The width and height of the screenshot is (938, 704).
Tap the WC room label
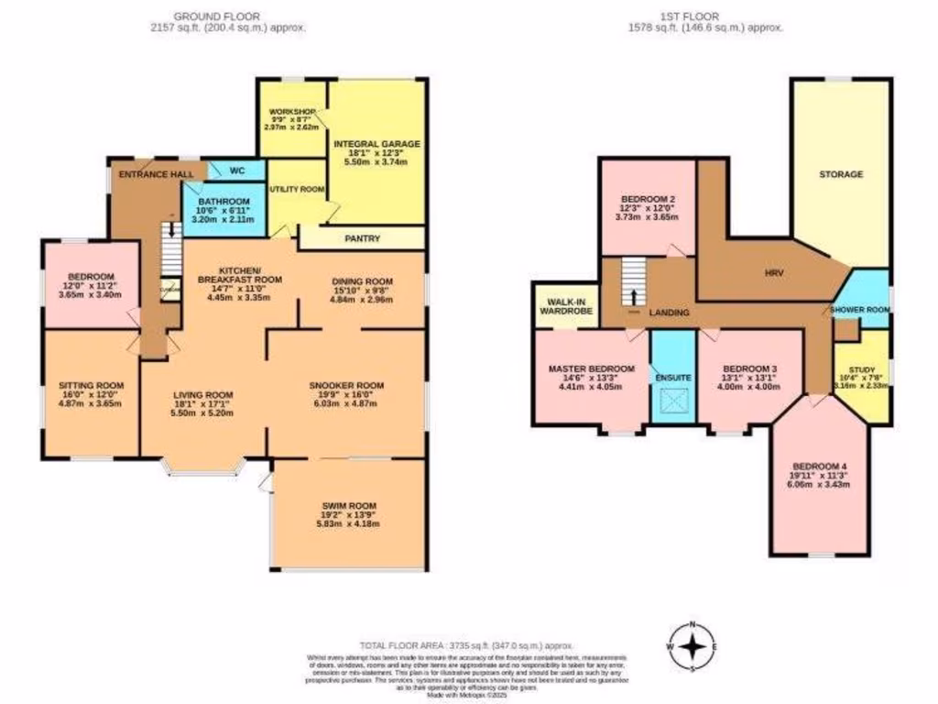[235, 170]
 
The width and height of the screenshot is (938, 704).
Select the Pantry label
[362, 238]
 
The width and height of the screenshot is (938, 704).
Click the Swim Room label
[349, 506]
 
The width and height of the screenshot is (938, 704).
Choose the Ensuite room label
[672, 378]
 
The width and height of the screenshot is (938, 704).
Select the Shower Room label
[861, 311]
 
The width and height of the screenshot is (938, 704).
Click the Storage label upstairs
[841, 174]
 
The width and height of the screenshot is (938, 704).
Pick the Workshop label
[291, 111]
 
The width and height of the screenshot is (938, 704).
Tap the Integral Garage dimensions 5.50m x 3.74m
[376, 161]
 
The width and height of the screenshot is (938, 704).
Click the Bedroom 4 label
[819, 465]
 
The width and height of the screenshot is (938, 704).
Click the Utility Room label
[296, 189]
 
